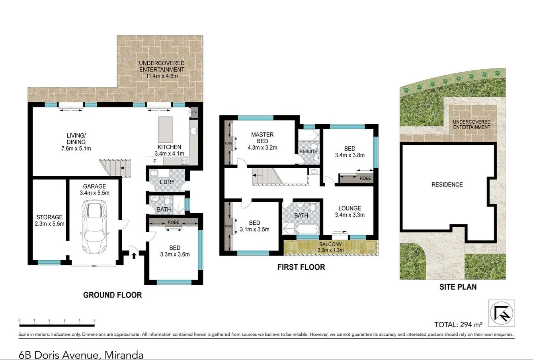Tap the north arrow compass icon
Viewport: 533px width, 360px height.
501,312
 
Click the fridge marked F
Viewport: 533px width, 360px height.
155,161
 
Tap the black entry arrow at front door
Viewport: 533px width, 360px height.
134,255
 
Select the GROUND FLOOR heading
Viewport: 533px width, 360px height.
112,295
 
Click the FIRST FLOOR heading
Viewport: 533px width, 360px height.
301,267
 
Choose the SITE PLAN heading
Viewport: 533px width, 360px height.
458,286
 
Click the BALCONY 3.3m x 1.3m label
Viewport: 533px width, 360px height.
330,247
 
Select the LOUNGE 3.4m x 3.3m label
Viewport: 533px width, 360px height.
349,211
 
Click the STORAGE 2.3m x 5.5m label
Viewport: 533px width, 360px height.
49,220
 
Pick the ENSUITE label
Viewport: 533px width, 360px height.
308,152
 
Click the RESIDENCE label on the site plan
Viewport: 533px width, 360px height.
447,185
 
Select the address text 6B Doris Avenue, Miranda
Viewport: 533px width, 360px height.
81,354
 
